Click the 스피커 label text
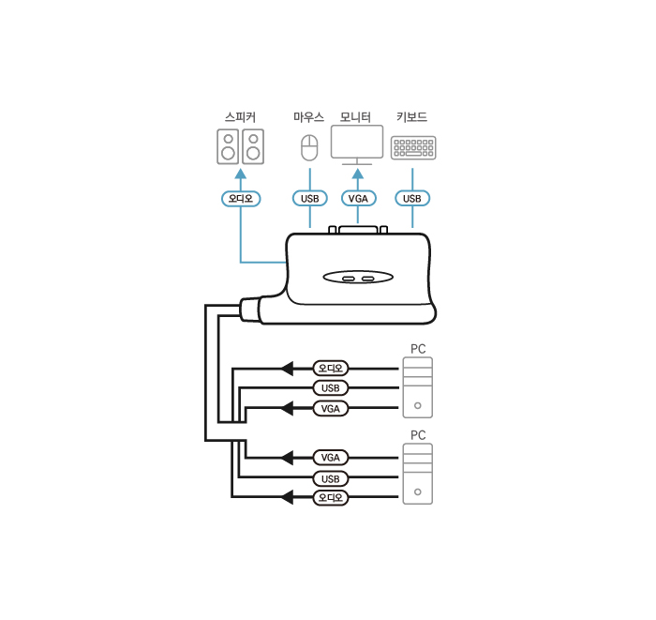tap(240, 117)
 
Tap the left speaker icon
tap(228, 146)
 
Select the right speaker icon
tap(253, 146)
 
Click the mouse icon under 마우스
tap(309, 147)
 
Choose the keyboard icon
tap(412, 148)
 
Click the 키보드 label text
tap(412, 117)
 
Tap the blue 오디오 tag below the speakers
tap(241, 198)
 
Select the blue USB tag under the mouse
tap(309, 198)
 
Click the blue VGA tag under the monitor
tap(357, 198)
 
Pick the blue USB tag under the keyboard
tap(412, 198)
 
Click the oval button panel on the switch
tap(359, 279)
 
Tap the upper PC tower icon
tap(418, 386)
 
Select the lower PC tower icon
tap(418, 474)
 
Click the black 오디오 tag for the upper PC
tap(330, 368)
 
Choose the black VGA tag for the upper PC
tap(330, 409)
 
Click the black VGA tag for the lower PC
tap(330, 458)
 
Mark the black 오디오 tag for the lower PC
tap(330, 497)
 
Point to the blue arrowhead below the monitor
tap(357, 173)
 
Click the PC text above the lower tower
tap(418, 435)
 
